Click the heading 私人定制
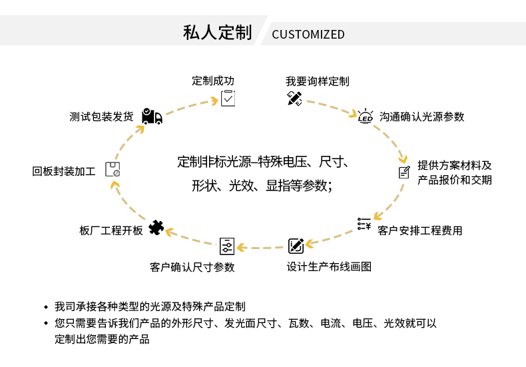point(217,33)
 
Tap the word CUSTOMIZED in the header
point(308,34)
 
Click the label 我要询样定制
point(318,81)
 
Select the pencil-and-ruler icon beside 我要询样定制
point(294,99)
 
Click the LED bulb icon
point(366,116)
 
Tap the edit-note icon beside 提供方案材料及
point(404,173)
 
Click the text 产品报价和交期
point(454,180)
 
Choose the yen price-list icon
point(364,224)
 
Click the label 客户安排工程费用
point(419,230)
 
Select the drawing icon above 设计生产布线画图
point(296,246)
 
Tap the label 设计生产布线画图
point(329,266)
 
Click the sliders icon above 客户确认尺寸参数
point(227,246)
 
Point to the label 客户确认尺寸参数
point(192,267)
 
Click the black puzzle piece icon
point(156,228)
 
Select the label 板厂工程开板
point(111,230)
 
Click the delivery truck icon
point(152,117)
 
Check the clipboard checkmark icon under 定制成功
point(228,99)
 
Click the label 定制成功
point(213,81)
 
